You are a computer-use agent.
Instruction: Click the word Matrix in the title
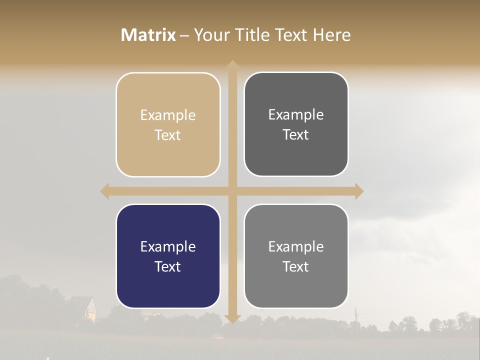[148, 35]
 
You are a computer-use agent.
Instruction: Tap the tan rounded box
[168, 124]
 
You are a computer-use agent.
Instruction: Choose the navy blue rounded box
[168, 256]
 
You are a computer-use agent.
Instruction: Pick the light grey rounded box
[296, 256]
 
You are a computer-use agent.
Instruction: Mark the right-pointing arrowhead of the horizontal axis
[359, 191]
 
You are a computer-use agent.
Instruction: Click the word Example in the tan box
[168, 115]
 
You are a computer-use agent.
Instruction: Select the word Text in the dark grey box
[296, 134]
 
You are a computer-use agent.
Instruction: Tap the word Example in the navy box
[168, 246]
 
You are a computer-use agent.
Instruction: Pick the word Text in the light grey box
[296, 266]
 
